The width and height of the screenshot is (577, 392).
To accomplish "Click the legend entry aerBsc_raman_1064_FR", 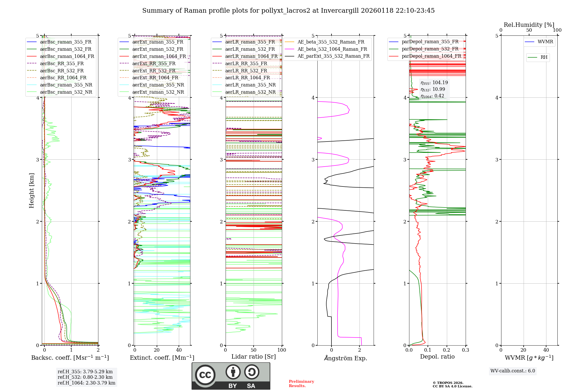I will point(67,56).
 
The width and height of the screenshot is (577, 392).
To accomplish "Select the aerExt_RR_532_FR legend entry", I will point(154,71).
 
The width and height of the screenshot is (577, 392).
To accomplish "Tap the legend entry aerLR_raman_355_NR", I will point(250,85).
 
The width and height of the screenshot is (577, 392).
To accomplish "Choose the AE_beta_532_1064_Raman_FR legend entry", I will point(332,49).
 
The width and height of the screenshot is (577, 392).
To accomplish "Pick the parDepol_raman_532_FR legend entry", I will point(430,49).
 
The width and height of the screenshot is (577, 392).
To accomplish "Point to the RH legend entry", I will point(544,57).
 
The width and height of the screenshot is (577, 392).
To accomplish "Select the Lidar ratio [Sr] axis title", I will point(254,357).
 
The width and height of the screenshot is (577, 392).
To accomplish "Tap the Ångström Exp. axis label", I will point(345,358).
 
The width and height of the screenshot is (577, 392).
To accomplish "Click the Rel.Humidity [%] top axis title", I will point(529,25).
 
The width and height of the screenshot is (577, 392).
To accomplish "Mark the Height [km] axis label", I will point(31,191).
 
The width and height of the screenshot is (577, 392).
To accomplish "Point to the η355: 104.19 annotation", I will point(434,83).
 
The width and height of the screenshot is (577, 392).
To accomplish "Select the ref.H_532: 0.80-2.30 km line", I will point(85,377).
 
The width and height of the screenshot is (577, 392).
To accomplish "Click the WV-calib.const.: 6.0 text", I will point(513,371).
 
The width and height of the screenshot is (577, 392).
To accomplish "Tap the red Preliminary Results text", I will point(301,384).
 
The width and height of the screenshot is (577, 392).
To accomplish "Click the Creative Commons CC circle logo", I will point(205,375).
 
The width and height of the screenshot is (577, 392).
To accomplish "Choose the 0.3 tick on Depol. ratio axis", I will point(465,350).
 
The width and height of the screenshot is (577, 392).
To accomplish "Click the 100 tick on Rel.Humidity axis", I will point(557,30).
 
